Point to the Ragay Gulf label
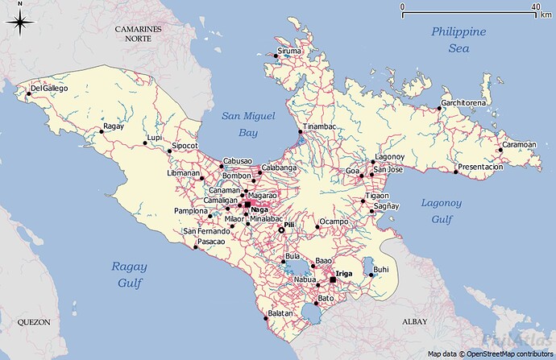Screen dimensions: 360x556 point(129,275)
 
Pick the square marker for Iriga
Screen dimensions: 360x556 point(332,280)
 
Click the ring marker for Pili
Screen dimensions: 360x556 point(281,230)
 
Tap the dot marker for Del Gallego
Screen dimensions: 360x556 point(28,94)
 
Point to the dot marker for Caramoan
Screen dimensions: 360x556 point(500,151)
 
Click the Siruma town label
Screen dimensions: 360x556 point(289,52)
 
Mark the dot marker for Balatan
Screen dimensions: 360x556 point(266,318)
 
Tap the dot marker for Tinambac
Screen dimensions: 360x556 point(300,132)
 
